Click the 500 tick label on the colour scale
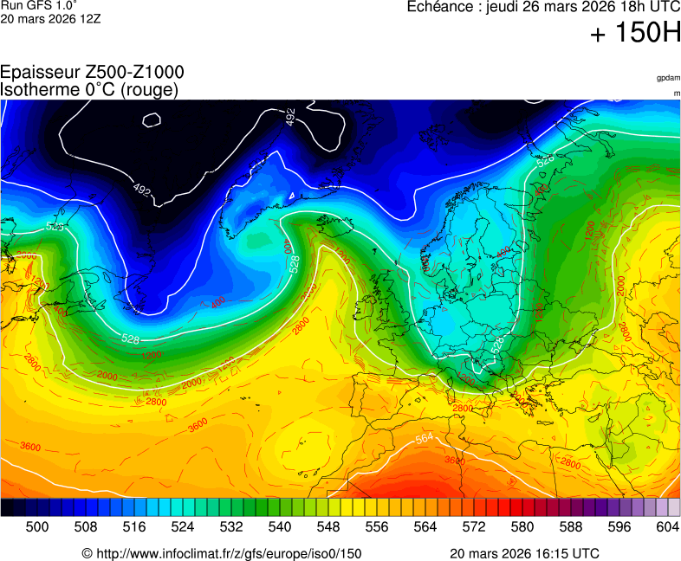[x=37, y=526]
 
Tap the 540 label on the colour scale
[x=280, y=526]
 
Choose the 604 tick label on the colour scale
[x=666, y=526]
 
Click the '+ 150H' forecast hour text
[x=635, y=34]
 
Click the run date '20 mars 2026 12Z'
[x=50, y=18]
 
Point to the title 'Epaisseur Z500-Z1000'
[x=92, y=73]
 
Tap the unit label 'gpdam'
[x=668, y=78]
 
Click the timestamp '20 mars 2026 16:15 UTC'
[x=524, y=553]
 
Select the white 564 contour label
[x=425, y=438]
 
